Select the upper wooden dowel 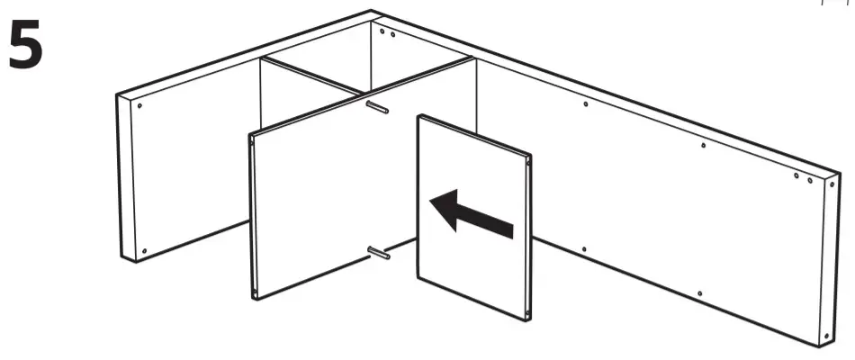(x=377, y=107)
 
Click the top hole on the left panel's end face (x=140, y=104)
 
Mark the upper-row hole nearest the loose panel (x=587, y=104)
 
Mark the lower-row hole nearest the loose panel (x=584, y=249)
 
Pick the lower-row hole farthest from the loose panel (x=700, y=292)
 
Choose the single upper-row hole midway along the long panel (x=703, y=145)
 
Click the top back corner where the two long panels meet (x=372, y=13)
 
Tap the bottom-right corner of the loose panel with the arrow (x=527, y=318)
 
